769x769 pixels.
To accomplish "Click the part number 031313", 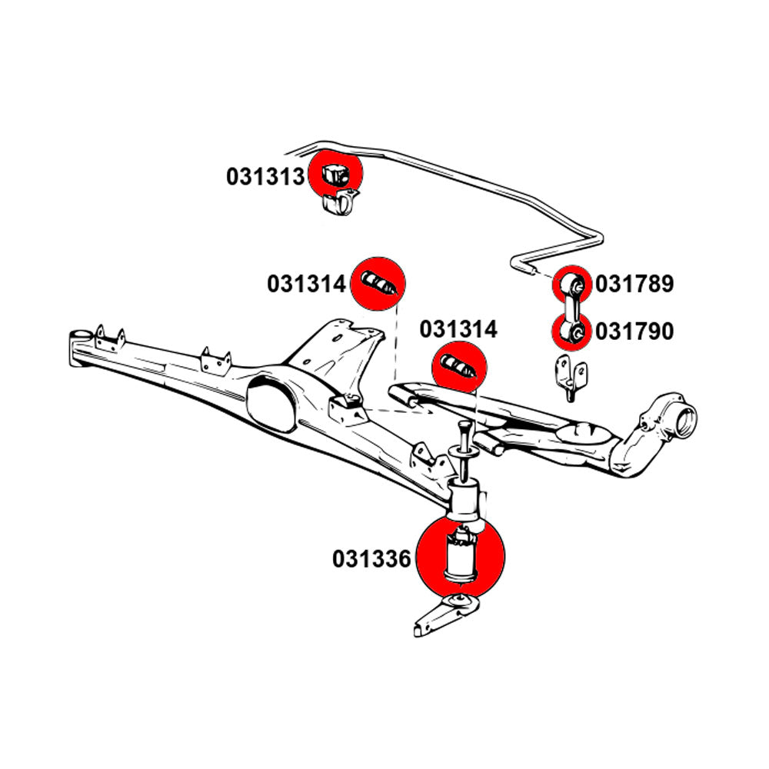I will click(265, 177).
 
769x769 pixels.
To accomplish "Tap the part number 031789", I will click(634, 285).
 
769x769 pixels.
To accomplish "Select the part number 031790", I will click(634, 331).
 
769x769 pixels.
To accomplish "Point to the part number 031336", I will click(372, 559).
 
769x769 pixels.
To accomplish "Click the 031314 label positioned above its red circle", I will click(458, 330).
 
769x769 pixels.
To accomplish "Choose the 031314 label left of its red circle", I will click(307, 285).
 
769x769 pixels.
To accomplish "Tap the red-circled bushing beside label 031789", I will click(573, 284).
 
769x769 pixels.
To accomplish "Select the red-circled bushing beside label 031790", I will click(573, 331).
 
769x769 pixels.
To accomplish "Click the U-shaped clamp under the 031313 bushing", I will click(338, 205).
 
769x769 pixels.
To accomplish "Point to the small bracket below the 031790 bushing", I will click(571, 378).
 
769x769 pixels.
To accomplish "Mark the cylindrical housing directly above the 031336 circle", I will click(464, 501).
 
